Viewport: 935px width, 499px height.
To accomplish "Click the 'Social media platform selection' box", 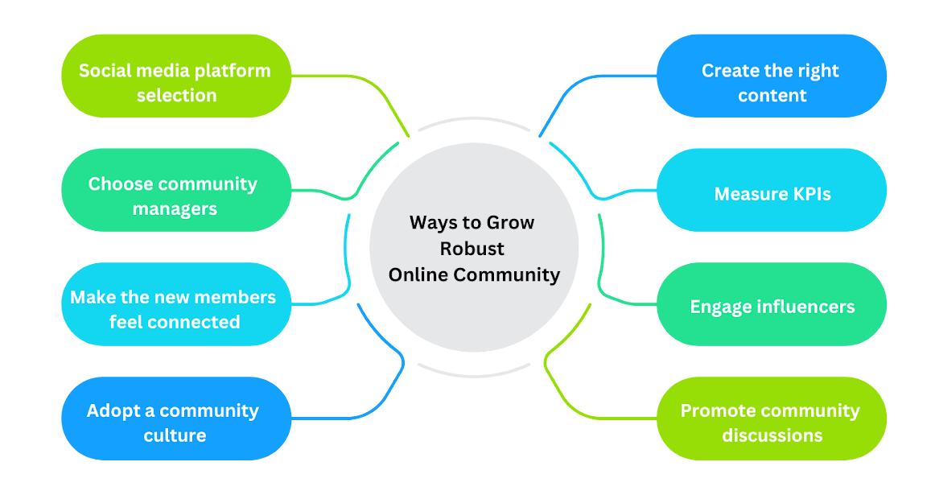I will (176, 76).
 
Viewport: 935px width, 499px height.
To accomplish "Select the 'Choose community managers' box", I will (176, 190).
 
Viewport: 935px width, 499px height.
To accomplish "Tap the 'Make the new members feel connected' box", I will (176, 304).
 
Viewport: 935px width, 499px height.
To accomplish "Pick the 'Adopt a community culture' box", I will (176, 418).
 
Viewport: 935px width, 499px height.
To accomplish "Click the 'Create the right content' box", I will (772, 76).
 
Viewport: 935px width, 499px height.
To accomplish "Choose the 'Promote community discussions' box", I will (772, 418).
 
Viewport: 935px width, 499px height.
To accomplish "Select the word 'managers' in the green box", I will (175, 208).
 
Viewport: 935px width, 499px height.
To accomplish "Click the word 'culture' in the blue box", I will (175, 435).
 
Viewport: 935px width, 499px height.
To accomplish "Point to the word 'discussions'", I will (772, 435).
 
